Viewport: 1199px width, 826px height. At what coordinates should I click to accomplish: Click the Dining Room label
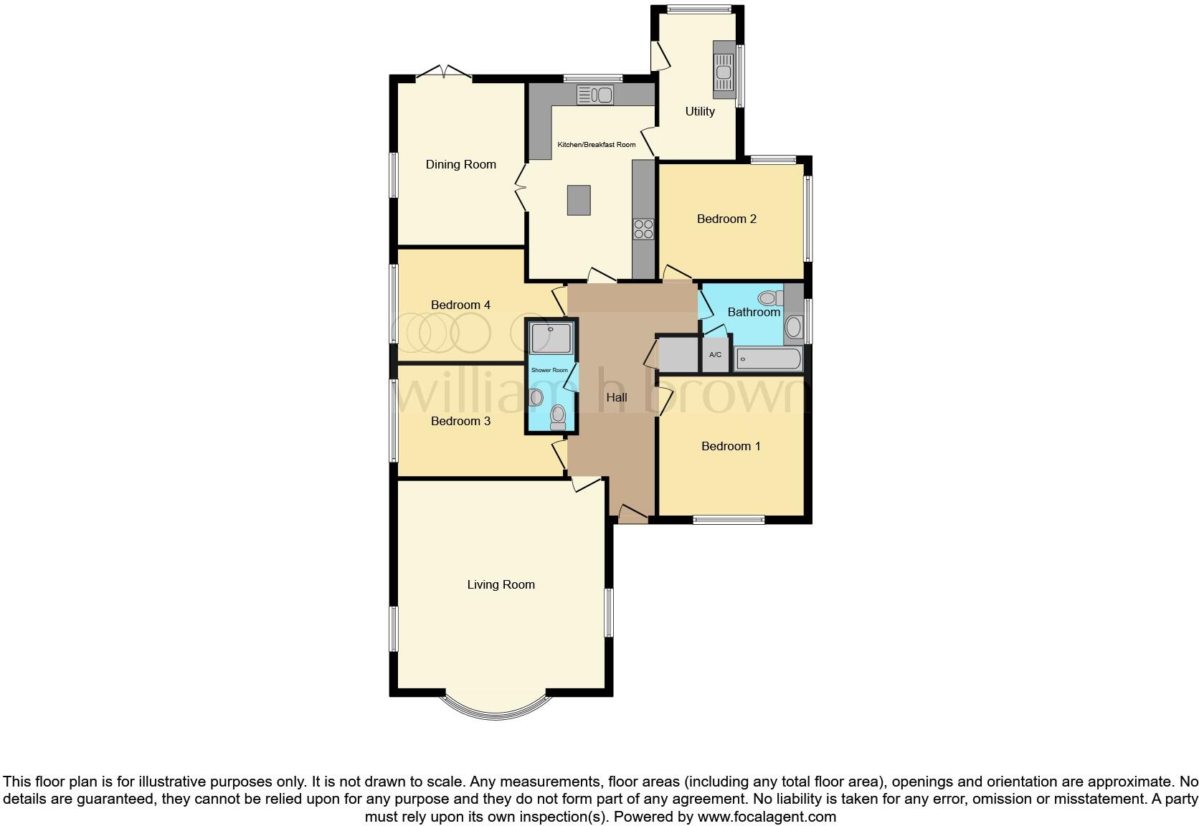[x=460, y=165]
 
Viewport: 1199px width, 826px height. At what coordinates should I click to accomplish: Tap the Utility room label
[x=700, y=111]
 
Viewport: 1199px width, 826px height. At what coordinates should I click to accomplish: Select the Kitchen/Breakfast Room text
[x=597, y=145]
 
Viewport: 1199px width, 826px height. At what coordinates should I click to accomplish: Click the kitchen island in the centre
[x=579, y=200]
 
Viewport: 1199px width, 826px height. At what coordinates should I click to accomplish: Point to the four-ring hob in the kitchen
[x=643, y=229]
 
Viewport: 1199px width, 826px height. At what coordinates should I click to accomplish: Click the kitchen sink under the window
[x=594, y=94]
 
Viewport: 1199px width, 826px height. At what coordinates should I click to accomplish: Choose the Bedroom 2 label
[x=726, y=219]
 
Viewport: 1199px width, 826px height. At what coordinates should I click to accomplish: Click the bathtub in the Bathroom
[x=768, y=359]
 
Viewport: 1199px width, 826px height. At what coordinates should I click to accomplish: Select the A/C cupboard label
[x=715, y=355]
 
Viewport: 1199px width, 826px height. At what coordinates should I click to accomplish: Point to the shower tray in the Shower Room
[x=551, y=338]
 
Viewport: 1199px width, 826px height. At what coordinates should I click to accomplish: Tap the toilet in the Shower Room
[x=558, y=416]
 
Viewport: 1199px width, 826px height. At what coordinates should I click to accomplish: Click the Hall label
[x=617, y=397]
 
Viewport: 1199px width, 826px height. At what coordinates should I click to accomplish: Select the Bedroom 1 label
[x=731, y=446]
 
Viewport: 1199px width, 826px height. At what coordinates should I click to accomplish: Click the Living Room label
[x=501, y=584]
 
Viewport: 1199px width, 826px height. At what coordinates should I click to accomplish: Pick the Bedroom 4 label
[x=460, y=305]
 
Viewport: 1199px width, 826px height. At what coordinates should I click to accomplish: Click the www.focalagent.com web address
[x=767, y=816]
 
